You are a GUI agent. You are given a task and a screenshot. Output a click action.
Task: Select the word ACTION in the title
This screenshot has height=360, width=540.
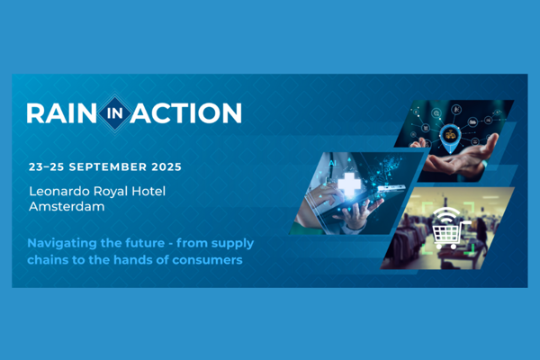pos(187,113)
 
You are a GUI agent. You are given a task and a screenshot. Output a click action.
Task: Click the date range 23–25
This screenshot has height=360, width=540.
pos(46,166)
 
